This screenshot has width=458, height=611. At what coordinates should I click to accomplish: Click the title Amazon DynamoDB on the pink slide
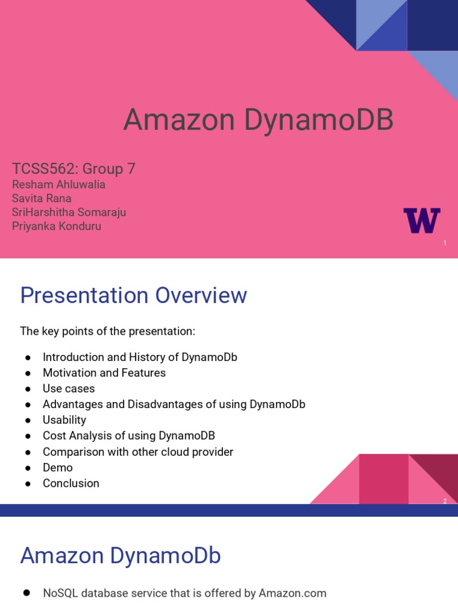[x=258, y=121]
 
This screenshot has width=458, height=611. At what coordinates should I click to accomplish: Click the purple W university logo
[x=422, y=220]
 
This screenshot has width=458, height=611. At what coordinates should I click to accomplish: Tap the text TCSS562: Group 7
[x=74, y=169]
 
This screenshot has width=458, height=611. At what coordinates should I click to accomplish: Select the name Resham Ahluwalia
[x=58, y=184]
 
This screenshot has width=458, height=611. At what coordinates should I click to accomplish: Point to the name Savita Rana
[x=42, y=198]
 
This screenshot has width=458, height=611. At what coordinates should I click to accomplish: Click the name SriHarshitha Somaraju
[x=69, y=212]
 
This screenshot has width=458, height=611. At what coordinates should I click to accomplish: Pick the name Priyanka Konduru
[x=57, y=226]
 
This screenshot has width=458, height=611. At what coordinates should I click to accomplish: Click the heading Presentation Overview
[x=134, y=295]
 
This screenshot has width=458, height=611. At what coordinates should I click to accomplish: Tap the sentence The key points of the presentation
[x=108, y=331]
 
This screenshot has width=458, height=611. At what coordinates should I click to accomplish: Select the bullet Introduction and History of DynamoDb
[x=140, y=357]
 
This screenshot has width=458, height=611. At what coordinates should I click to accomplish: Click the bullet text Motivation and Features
[x=104, y=373]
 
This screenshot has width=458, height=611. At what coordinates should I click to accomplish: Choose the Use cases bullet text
[x=69, y=388]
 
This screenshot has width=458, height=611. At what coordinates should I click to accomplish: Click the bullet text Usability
[x=64, y=420]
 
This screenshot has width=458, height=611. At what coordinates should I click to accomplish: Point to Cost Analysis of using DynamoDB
[x=129, y=436]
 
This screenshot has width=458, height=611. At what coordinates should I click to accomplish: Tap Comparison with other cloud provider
[x=138, y=452]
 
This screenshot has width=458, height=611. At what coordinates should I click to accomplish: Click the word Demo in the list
[x=58, y=468]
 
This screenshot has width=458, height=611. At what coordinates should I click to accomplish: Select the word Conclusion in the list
[x=71, y=483]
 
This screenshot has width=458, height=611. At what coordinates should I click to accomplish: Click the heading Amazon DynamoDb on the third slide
[x=120, y=556]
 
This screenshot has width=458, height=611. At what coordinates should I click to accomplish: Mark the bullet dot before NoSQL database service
[x=27, y=593]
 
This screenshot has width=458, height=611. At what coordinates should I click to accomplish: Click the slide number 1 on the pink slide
[x=445, y=243]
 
